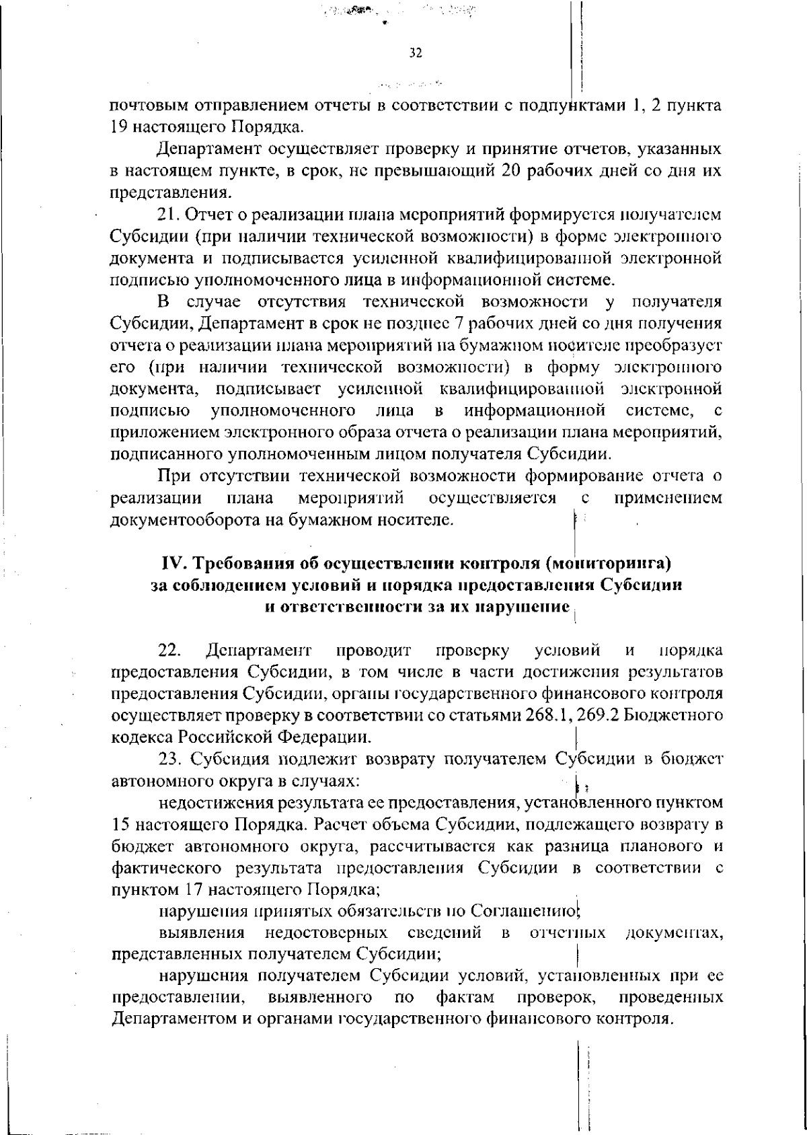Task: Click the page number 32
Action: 415,53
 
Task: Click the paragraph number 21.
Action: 168,215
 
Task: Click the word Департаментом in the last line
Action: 174,1019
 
